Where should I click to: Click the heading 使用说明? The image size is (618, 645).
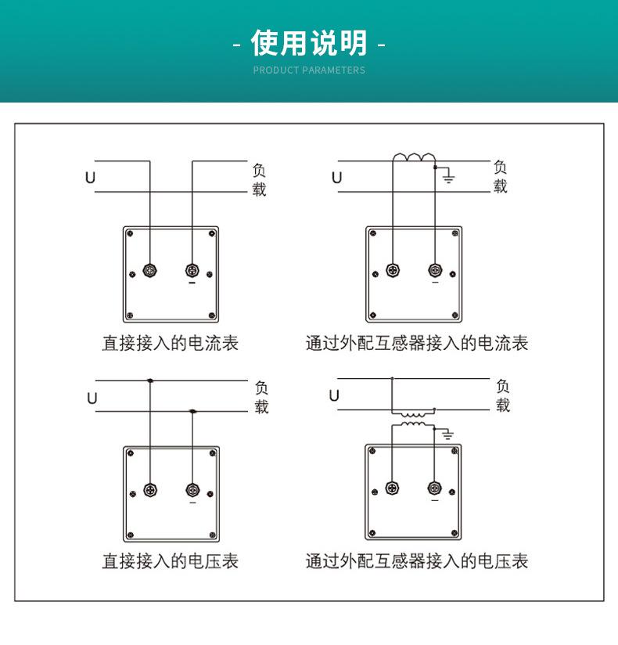(x=309, y=43)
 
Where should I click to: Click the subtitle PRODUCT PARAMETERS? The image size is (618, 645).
(x=309, y=70)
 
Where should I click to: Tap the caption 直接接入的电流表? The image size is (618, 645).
(x=170, y=343)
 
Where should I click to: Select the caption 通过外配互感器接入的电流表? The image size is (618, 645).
(x=417, y=343)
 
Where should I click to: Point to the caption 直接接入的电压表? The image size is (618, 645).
(x=170, y=561)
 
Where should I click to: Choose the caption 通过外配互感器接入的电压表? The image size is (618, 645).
(x=417, y=561)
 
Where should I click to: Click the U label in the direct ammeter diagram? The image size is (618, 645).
(x=90, y=178)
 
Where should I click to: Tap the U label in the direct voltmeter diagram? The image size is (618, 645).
(x=92, y=398)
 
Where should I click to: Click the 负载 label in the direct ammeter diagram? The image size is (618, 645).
(x=259, y=179)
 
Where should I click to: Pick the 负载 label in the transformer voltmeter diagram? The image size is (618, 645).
(x=503, y=395)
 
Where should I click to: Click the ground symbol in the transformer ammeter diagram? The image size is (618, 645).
(x=449, y=177)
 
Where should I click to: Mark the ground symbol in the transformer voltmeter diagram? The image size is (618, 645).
(x=448, y=434)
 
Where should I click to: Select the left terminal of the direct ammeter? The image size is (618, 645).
(x=149, y=272)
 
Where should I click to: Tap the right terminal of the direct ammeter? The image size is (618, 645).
(x=192, y=272)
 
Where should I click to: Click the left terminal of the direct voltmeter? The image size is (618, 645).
(x=149, y=490)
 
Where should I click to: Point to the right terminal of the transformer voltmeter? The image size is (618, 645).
(x=435, y=488)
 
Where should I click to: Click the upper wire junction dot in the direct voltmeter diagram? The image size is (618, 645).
(x=149, y=381)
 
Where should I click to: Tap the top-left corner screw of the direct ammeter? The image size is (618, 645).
(x=130, y=233)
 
